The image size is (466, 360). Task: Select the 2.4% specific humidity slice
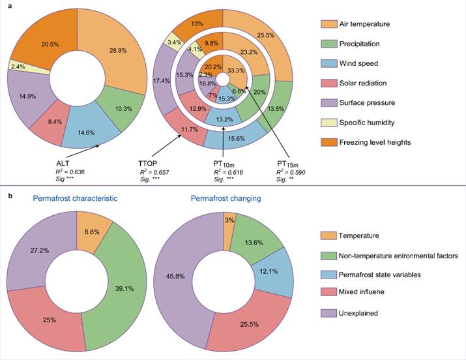tap(19, 65)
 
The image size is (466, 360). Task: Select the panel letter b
tap(7, 192)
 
